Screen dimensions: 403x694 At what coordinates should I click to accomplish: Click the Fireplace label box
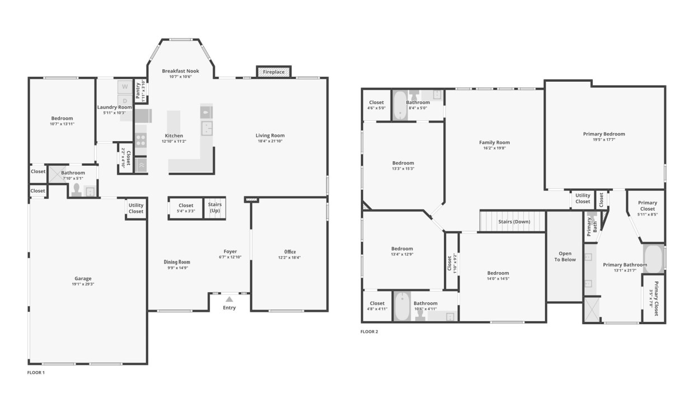point(274,72)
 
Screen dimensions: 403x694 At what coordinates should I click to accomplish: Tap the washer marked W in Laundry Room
point(124,87)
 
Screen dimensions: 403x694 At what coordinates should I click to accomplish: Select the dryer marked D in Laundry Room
point(124,101)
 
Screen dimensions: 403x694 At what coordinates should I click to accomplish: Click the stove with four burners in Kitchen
point(140,140)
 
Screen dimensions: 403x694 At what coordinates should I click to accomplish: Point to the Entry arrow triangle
point(229,299)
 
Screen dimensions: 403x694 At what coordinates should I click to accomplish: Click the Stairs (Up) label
point(215,208)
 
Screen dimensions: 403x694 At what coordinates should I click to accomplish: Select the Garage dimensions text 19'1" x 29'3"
point(83,284)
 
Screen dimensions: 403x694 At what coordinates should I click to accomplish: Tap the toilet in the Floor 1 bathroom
point(77,190)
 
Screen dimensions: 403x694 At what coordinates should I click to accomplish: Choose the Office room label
point(289,251)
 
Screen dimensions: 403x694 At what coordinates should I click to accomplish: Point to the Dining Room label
point(176,262)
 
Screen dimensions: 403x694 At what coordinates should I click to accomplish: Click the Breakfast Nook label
point(180,71)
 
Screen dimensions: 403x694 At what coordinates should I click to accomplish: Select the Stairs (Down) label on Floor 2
point(514,222)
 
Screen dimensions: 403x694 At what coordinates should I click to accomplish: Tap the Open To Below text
point(565,256)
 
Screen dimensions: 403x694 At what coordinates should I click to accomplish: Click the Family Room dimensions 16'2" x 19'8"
point(494,148)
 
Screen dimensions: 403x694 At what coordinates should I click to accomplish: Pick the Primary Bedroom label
point(604,134)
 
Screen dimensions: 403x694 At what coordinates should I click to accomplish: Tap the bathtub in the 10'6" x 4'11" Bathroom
point(401,307)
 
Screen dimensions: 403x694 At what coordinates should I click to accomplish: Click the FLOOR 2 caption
point(369,331)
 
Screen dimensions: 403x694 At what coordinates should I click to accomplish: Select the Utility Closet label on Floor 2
point(583,198)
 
